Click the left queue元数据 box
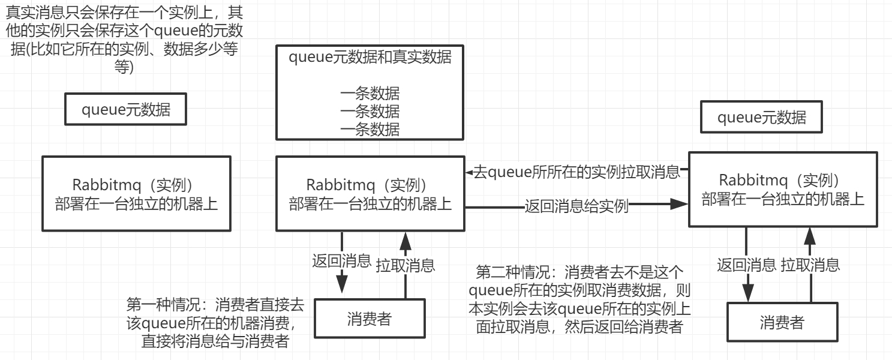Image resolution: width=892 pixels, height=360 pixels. (x=125, y=110)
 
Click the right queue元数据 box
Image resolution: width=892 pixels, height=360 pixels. (x=761, y=118)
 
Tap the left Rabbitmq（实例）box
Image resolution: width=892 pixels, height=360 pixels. (x=136, y=193)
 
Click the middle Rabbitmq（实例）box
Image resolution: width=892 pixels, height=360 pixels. (x=370, y=193)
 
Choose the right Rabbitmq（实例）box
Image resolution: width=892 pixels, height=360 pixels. (x=783, y=189)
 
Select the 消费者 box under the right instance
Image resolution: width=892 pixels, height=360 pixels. (x=782, y=323)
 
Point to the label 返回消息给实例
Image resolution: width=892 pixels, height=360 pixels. (x=576, y=206)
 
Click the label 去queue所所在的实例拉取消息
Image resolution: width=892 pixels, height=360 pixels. (x=576, y=173)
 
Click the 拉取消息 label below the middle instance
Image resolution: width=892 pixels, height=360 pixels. (x=406, y=265)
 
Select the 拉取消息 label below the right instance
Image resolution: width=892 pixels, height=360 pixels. (x=810, y=265)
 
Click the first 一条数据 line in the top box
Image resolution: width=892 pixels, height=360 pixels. (x=370, y=94)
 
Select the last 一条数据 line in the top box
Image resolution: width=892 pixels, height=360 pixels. (x=370, y=128)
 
